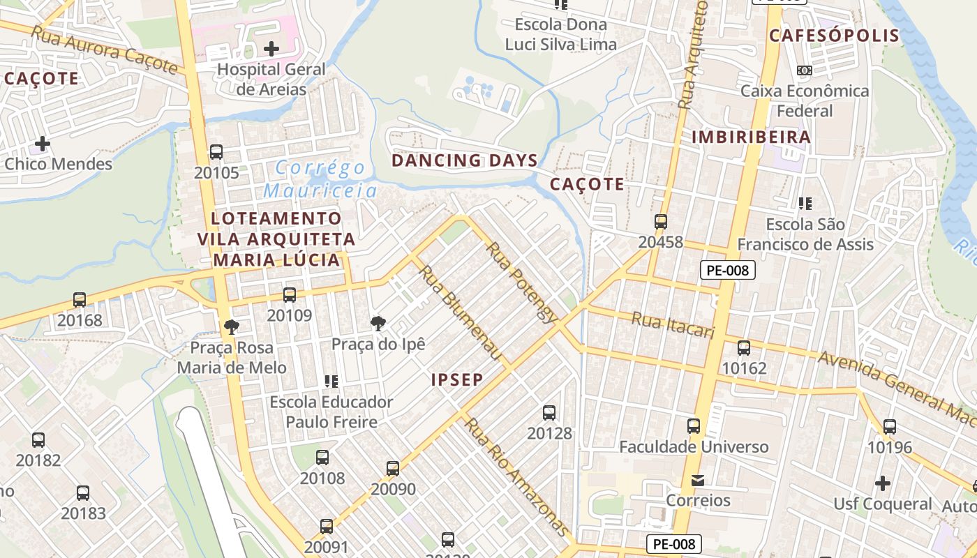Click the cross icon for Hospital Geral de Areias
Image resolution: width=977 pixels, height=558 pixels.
coord(271,49)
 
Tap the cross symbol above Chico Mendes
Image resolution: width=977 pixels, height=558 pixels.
coord(43,144)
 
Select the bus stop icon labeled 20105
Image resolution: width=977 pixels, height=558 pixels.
coord(216,152)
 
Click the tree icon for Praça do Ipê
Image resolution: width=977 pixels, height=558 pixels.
coord(378,323)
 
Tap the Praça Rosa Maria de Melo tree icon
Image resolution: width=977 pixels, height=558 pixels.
coord(231,326)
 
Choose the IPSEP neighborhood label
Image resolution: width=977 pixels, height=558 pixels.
coord(457,380)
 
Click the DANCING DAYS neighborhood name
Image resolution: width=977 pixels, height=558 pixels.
coord(465,160)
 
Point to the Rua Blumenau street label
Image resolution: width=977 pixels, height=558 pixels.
coord(461,313)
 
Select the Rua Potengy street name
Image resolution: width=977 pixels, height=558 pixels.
coord(522,282)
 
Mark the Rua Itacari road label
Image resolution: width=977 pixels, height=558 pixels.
coord(673,326)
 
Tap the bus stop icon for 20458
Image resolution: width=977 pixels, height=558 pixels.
coord(661,222)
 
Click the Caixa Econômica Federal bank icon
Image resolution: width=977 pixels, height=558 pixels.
coord(805,70)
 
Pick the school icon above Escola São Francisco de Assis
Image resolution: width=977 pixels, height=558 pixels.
coord(805,204)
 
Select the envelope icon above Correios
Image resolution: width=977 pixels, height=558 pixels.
coord(698,481)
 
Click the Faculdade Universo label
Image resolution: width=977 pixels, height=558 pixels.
coord(694,446)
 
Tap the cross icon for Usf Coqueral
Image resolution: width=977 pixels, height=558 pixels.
coord(883,483)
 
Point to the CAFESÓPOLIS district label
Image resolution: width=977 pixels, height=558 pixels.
coord(833,36)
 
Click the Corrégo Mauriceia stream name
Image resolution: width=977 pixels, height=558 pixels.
coord(320,179)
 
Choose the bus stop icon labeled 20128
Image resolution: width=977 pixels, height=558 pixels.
coord(549,413)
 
